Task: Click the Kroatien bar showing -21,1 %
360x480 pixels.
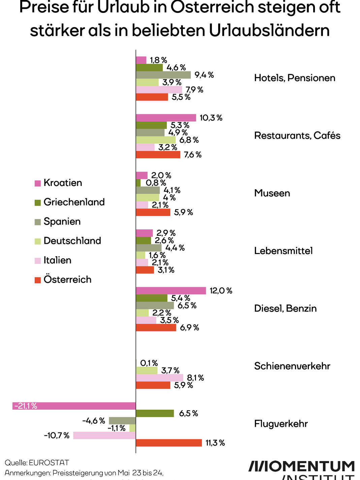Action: [x=74, y=406]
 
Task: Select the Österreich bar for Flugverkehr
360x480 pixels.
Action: [x=169, y=443]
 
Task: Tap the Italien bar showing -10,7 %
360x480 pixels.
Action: [x=104, y=436]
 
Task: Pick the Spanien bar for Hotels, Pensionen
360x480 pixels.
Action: [x=163, y=75]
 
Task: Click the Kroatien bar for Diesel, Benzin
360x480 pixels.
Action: [x=171, y=291]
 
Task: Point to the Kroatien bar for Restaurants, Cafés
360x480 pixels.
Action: [x=166, y=118]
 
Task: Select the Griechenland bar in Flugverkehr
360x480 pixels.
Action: [x=155, y=413]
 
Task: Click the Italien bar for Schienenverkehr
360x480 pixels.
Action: [x=160, y=378]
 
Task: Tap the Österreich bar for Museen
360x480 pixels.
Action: [x=153, y=212]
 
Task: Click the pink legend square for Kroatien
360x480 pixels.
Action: [x=38, y=183]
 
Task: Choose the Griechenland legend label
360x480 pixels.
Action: [x=74, y=202]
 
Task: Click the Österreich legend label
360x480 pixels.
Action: [x=67, y=280]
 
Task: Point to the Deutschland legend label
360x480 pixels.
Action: [x=72, y=241]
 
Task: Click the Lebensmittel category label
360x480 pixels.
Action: [x=283, y=251]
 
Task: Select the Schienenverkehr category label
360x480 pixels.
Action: [x=292, y=366]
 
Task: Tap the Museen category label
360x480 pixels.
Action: [x=272, y=193]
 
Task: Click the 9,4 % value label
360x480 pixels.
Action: [x=204, y=75]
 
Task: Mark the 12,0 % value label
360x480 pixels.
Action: [x=221, y=291]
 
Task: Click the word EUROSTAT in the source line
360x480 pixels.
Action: [x=49, y=462]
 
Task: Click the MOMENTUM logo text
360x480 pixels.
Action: [x=301, y=467]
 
